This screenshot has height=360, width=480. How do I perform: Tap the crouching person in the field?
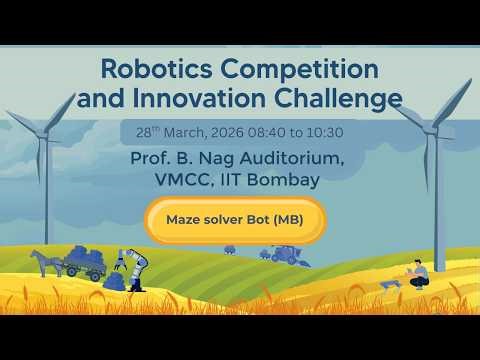[419, 274]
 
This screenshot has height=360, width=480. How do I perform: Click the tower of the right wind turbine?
[437, 200]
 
